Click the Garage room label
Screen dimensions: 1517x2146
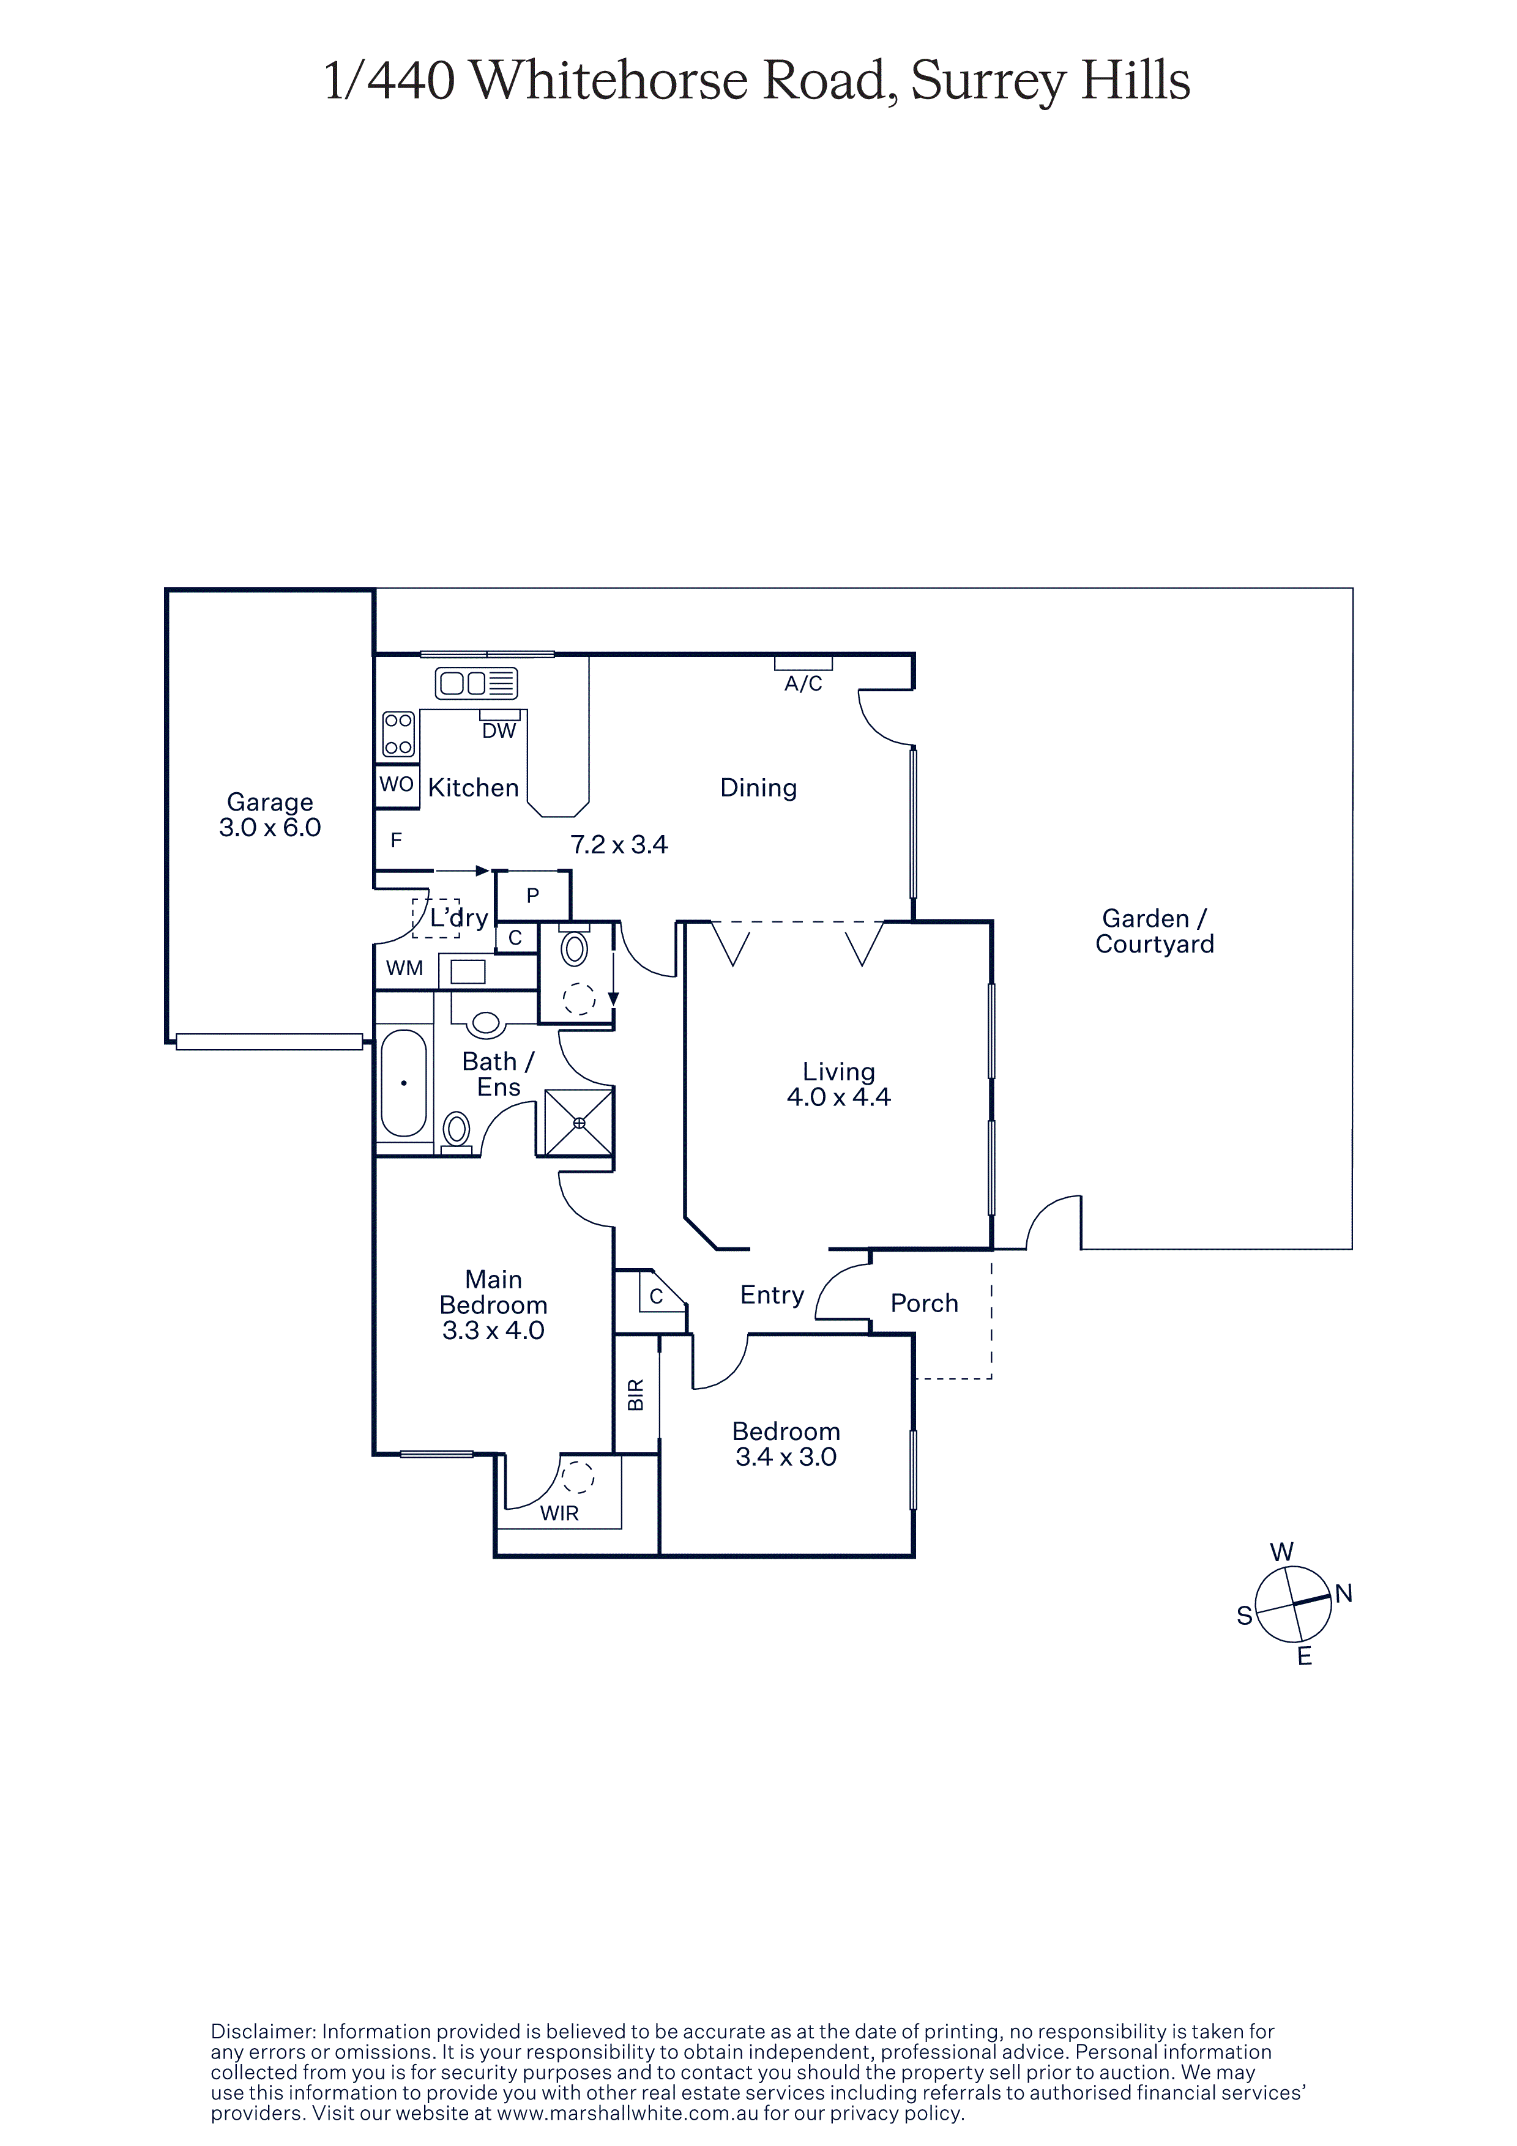pos(270,802)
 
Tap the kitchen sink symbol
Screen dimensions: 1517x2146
pos(477,683)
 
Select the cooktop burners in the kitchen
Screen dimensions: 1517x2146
pos(399,733)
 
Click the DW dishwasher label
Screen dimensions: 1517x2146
pos(499,731)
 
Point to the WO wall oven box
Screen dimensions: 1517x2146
pos(397,784)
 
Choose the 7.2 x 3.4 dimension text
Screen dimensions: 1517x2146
pos(620,845)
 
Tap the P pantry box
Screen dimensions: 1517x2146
pos(533,896)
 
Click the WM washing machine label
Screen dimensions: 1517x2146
pos(404,968)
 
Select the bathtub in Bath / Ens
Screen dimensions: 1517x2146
pos(404,1083)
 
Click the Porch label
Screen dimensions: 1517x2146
pos(925,1303)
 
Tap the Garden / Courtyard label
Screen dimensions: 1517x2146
pos(1155,931)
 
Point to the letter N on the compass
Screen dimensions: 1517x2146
pos(1344,1594)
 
